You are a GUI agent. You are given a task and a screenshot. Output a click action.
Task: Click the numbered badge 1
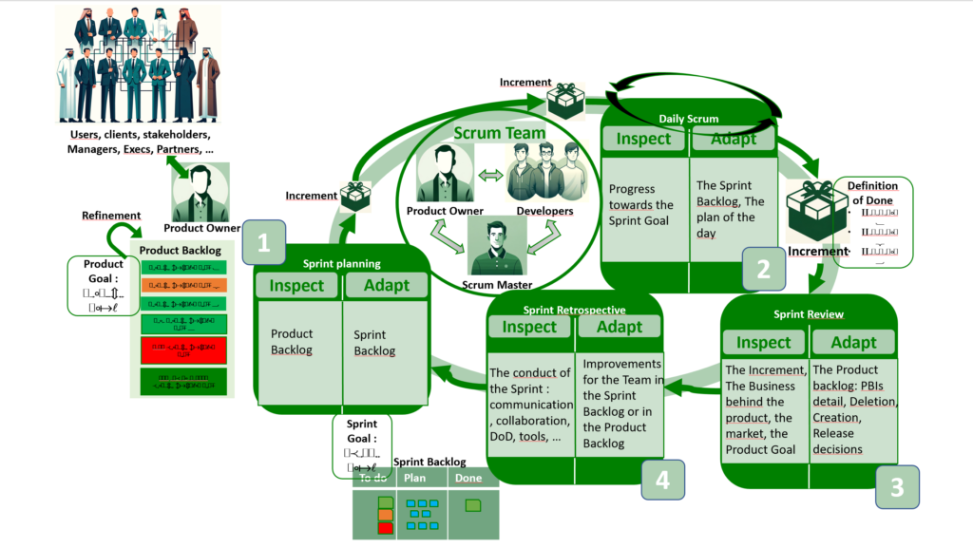click(x=263, y=242)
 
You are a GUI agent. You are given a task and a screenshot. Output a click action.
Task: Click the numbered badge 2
click(x=764, y=269)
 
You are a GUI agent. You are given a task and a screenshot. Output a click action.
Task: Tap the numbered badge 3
click(x=896, y=486)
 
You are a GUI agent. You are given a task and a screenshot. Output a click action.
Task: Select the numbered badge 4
click(x=662, y=480)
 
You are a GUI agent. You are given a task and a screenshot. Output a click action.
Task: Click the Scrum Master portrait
click(x=497, y=245)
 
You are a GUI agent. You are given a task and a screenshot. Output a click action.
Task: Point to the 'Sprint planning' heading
click(x=341, y=263)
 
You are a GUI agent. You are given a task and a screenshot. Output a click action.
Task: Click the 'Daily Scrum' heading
click(x=689, y=118)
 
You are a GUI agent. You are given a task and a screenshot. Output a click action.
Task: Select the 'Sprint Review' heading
click(x=810, y=314)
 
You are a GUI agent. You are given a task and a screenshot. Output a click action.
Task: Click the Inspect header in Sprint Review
click(x=763, y=343)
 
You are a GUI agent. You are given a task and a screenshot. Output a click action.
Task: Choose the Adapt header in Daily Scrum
click(x=734, y=139)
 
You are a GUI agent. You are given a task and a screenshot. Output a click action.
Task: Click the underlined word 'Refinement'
click(x=111, y=216)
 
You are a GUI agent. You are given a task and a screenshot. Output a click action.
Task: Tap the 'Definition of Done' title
click(x=870, y=193)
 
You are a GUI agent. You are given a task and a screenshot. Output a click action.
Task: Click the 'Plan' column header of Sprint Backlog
click(x=415, y=478)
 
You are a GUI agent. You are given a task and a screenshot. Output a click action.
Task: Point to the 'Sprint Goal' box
click(x=361, y=445)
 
